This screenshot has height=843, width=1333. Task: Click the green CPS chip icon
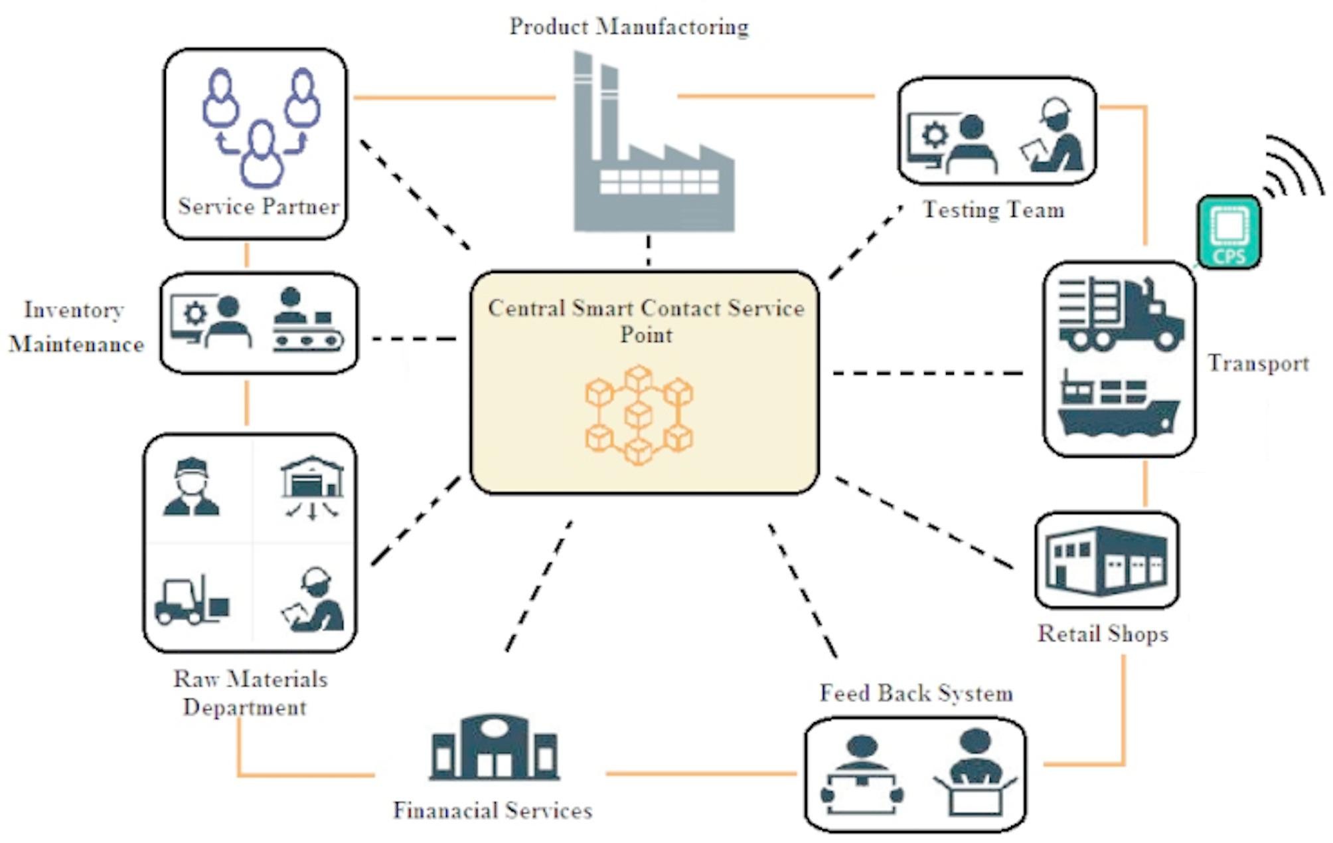(x=1229, y=232)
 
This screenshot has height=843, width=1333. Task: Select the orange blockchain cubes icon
(x=639, y=415)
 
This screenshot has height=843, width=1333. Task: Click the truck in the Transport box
(x=1120, y=314)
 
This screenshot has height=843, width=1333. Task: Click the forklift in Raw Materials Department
(x=190, y=601)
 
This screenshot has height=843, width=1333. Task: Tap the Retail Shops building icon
(x=1106, y=560)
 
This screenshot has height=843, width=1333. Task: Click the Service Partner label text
(x=259, y=207)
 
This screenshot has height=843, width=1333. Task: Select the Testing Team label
(x=993, y=210)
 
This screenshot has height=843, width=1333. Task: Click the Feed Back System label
(x=916, y=694)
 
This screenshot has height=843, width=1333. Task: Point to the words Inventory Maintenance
(x=75, y=327)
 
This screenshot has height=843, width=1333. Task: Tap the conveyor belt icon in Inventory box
(x=307, y=322)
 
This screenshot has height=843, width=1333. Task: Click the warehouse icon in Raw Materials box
(x=311, y=485)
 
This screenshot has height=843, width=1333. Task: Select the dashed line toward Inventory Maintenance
(x=414, y=339)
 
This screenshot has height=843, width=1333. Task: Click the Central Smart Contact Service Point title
(x=645, y=321)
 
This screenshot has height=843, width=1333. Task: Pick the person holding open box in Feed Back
(x=975, y=774)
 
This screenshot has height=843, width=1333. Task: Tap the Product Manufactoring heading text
(x=629, y=27)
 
